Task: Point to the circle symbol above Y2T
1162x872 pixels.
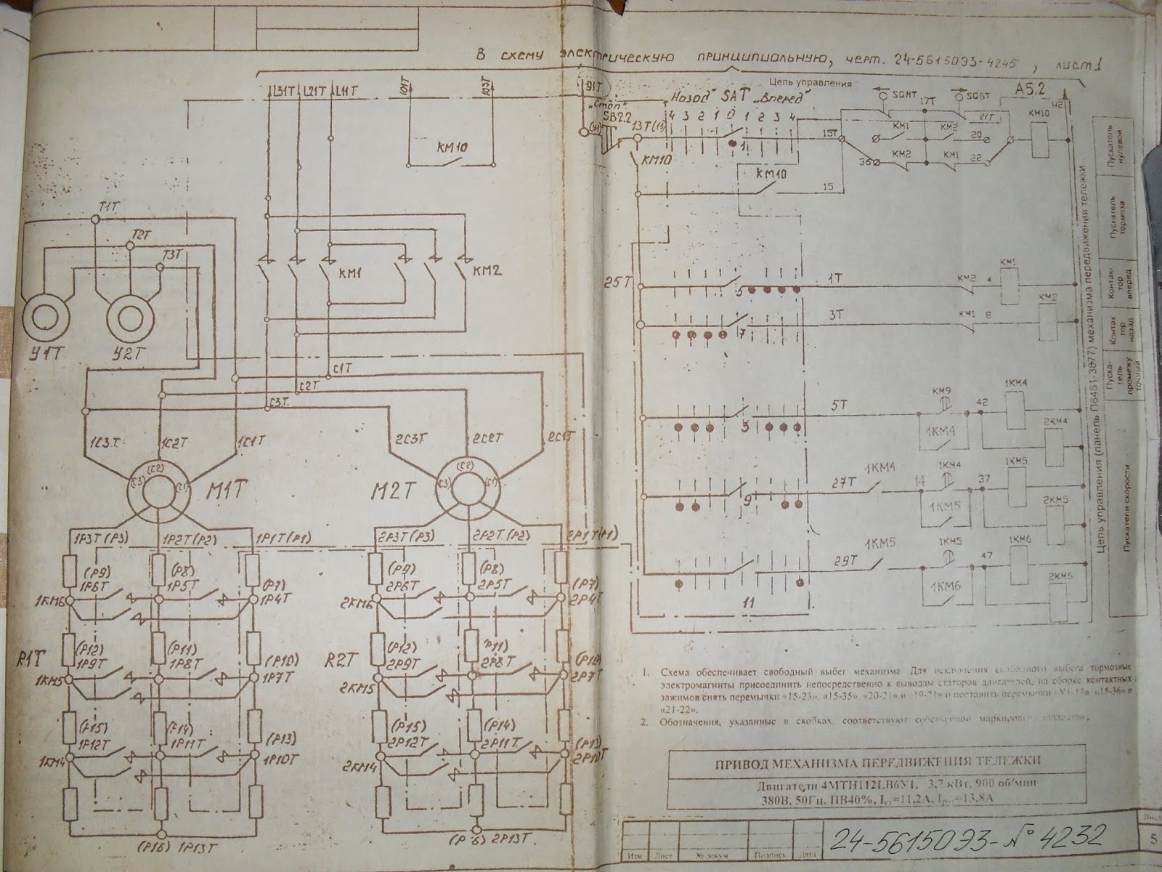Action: [x=133, y=317]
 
